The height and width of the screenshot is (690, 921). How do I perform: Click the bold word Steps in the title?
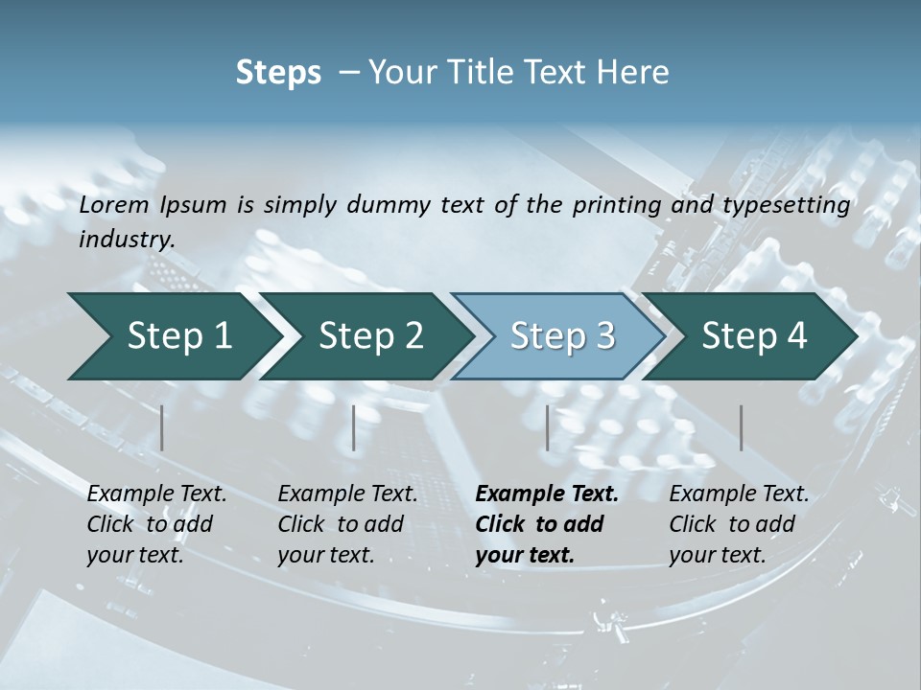pyautogui.click(x=278, y=72)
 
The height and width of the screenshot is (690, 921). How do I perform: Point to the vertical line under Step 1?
pyautogui.click(x=162, y=427)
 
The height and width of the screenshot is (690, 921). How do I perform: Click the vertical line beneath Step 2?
pyautogui.click(x=354, y=427)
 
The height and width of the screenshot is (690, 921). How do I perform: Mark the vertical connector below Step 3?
pyautogui.click(x=547, y=427)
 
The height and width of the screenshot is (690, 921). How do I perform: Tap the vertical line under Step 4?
pyautogui.click(x=741, y=427)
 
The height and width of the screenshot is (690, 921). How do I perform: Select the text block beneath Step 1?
pyautogui.click(x=156, y=523)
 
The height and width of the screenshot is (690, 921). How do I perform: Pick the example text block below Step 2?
pyautogui.click(x=347, y=523)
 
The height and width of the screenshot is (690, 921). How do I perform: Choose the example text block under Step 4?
pyautogui.click(x=739, y=523)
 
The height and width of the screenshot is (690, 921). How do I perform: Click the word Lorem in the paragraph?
pyautogui.click(x=114, y=204)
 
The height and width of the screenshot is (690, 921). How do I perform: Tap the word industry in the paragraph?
pyautogui.click(x=126, y=240)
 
